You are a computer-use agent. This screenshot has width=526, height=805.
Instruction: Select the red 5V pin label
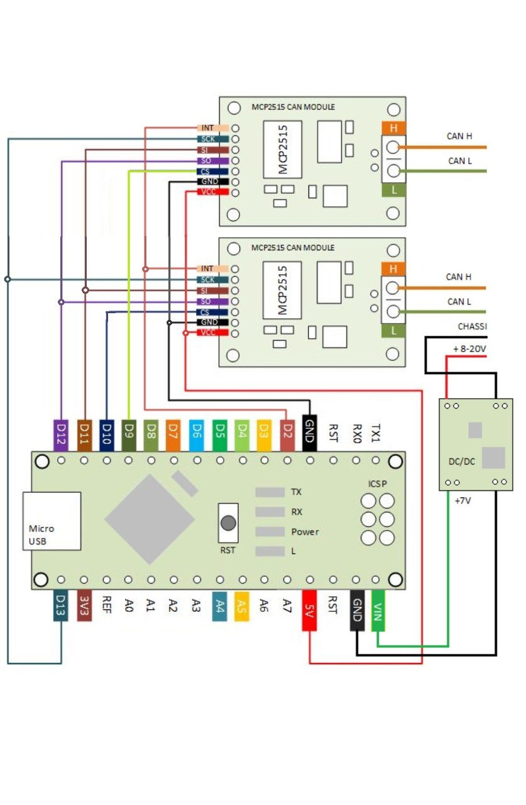(x=309, y=609)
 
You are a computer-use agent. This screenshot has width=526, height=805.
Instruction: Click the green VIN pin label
(x=378, y=609)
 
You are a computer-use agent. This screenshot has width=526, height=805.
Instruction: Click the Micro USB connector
(x=52, y=521)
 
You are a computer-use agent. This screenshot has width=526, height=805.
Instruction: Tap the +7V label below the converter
(x=463, y=501)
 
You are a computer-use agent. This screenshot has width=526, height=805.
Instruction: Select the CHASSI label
(x=473, y=326)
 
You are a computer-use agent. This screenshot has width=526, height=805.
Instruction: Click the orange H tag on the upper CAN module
(x=394, y=128)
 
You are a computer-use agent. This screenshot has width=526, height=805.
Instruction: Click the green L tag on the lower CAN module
(x=394, y=330)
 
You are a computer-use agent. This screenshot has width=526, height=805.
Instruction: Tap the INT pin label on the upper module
(x=208, y=128)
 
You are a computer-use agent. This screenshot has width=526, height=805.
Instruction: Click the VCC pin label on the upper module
(x=208, y=192)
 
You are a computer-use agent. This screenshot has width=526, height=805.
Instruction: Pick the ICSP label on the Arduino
(x=378, y=483)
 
